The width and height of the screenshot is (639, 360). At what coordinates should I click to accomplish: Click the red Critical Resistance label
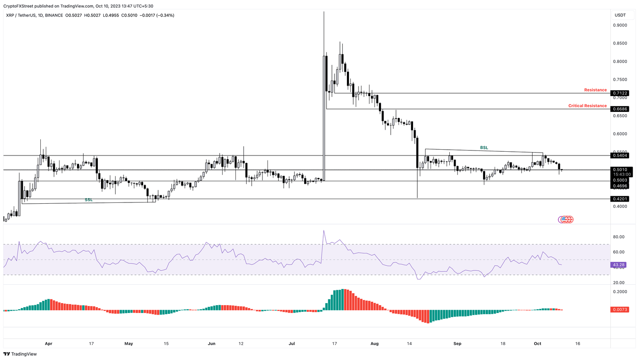(x=587, y=106)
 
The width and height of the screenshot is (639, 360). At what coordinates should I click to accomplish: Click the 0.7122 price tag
(x=620, y=93)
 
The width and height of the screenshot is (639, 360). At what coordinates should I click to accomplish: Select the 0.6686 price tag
(x=620, y=109)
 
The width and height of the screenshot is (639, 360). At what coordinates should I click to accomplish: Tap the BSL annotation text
(x=484, y=148)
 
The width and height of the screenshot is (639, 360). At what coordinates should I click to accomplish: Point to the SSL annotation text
(x=89, y=200)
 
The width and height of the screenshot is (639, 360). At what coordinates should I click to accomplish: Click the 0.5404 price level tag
(x=620, y=155)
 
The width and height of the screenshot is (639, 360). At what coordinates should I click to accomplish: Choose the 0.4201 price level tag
(x=620, y=199)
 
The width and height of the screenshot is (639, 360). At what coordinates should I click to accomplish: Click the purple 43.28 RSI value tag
(x=619, y=265)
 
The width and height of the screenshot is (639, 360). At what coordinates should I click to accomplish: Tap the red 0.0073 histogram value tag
(x=619, y=310)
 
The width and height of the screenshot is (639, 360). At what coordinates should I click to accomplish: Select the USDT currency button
(x=620, y=15)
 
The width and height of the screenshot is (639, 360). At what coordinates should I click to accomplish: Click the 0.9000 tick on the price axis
(x=620, y=25)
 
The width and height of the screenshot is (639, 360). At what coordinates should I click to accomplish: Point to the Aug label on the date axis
(x=374, y=344)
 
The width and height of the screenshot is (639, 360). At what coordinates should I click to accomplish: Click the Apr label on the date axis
(x=48, y=344)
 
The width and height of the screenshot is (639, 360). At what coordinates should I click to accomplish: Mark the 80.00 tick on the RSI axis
(x=619, y=237)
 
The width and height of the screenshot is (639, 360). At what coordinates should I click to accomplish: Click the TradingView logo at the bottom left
(x=20, y=354)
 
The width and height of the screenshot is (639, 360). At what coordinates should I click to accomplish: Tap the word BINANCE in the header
(x=54, y=15)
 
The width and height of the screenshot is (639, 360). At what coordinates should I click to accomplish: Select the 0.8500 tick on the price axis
(x=620, y=43)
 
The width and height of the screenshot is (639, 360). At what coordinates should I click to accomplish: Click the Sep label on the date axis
(x=457, y=344)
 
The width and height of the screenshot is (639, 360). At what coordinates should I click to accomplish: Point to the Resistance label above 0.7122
(x=595, y=90)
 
